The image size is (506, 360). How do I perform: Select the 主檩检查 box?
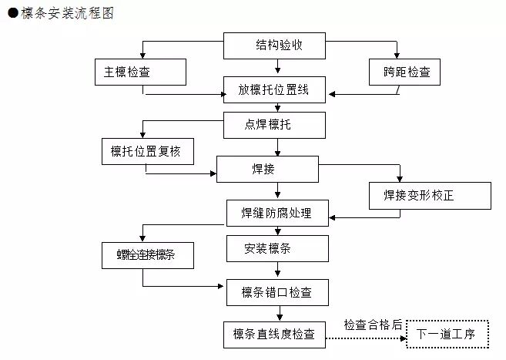point(140,72)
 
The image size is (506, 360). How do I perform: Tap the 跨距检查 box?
point(400,72)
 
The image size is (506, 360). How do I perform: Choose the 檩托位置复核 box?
point(146,151)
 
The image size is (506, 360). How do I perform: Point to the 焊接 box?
point(266,169)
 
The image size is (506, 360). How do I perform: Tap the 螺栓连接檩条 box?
point(146,254)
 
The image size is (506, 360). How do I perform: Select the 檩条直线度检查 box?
point(274,334)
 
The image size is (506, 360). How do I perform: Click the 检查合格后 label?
point(373,325)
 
